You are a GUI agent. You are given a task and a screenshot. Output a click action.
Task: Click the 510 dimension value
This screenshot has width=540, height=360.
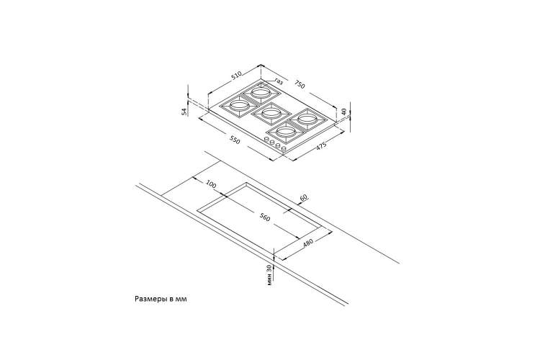coord(237,76)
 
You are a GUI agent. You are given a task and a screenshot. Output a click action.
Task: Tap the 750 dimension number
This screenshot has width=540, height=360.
coord(300,84)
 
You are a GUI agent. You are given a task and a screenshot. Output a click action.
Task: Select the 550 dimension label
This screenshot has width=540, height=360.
coord(234,140)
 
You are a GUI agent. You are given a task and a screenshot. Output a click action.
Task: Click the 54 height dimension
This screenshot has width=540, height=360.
coord(184,111)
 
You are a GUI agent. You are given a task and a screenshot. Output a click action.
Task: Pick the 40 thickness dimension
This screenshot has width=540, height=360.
coord(343,112)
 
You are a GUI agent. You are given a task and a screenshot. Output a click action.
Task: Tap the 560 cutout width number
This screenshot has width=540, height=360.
coord(265,217)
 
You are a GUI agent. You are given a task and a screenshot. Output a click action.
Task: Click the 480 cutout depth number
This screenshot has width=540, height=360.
coord(308,243)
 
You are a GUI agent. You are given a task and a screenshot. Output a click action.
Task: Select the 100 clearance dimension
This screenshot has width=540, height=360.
coord(211,184)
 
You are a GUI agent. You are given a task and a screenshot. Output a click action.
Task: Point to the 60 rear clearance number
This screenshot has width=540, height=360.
coord(303,198)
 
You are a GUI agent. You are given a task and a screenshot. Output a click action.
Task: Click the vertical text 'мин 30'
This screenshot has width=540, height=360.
coord(270,275)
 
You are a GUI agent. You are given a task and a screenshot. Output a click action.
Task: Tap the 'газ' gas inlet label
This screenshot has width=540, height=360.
coord(279,81)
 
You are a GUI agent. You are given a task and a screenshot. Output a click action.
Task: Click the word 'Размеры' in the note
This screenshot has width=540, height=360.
coord(151,299)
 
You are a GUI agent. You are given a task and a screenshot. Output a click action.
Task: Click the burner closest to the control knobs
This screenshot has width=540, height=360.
coord(286,132)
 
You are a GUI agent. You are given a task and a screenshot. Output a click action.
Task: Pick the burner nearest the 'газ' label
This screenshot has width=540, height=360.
coord(260,92)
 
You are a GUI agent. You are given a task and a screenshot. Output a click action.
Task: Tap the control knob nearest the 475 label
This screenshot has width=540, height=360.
coord(284,148)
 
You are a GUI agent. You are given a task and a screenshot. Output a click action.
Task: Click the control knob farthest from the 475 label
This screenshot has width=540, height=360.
coord(266,139)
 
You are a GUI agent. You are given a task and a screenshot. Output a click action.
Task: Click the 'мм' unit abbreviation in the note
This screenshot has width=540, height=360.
coord(181,300)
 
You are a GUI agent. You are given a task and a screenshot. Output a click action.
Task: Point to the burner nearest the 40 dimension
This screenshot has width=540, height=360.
coord(307,120)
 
